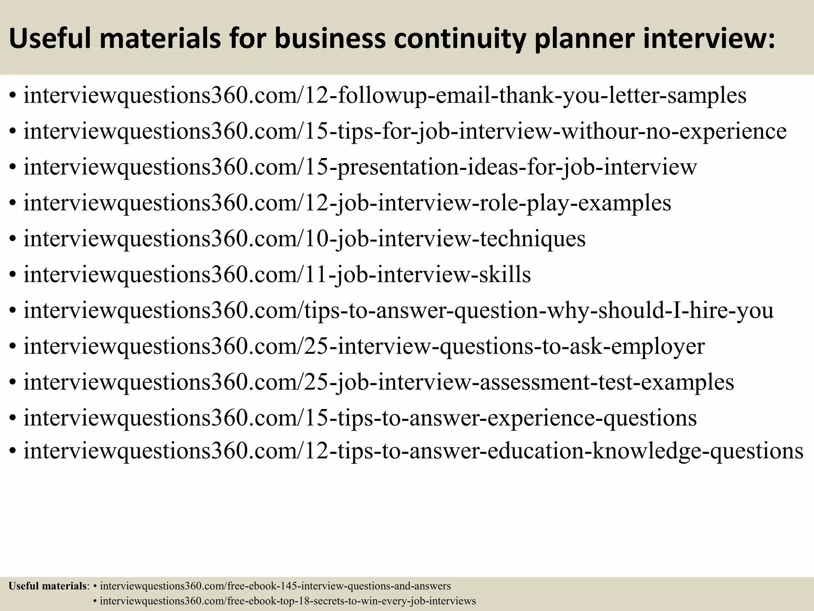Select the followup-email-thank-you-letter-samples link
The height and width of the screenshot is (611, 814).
coord(385,95)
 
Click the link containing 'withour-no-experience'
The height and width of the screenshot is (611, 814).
coord(405,131)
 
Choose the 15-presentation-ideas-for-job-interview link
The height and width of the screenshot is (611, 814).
coord(360,167)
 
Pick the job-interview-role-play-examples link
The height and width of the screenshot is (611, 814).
coord(347,203)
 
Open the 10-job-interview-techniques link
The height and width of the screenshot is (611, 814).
coord(304,239)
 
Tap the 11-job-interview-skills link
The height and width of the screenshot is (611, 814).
coord(277,274)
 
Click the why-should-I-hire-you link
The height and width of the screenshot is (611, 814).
coord(398,310)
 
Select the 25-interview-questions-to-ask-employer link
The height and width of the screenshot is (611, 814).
coord(364,346)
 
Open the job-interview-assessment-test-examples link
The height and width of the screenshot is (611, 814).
coord(378,382)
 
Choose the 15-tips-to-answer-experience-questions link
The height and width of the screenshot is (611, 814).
coord(360,418)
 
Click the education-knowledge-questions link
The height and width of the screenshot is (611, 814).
coord(413,451)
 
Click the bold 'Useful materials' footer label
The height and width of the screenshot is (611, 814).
coord(47,586)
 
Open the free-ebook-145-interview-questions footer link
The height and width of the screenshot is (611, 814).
coord(275,586)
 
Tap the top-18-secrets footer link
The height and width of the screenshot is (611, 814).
coord(288,601)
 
